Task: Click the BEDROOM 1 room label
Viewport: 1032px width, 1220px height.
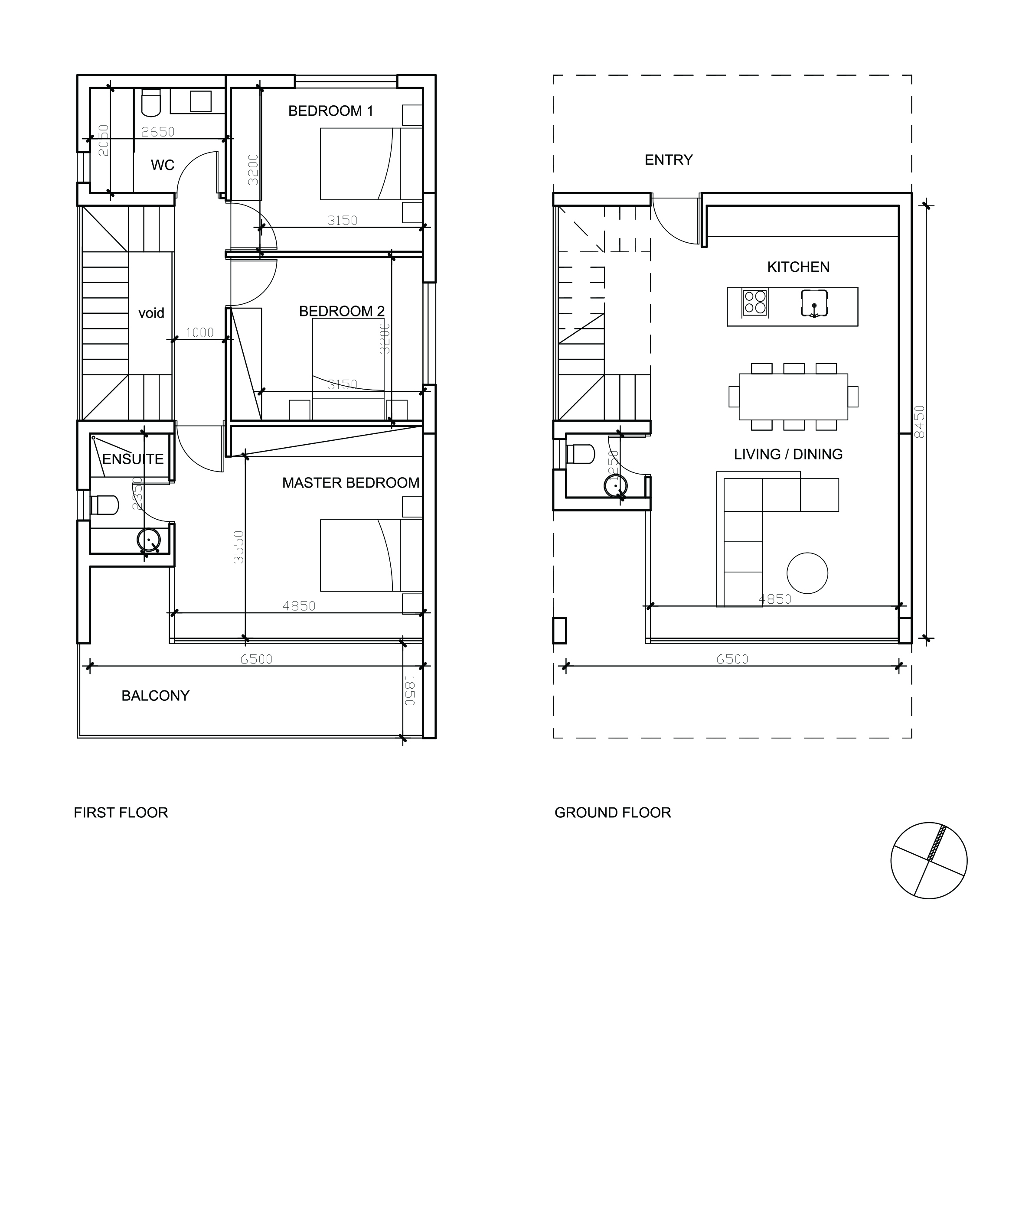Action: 330,111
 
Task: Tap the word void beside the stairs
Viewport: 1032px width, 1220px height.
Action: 151,313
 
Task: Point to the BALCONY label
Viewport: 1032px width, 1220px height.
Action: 155,696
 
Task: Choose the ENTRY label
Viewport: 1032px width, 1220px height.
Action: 668,160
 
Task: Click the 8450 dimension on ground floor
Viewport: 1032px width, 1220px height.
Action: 919,422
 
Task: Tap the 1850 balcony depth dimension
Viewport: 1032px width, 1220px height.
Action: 409,690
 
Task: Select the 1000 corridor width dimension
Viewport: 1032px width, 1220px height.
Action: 199,332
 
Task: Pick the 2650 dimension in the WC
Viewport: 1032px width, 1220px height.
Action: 158,132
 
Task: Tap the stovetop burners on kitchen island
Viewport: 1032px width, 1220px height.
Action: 754,303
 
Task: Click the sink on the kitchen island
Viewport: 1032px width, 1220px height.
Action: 814,303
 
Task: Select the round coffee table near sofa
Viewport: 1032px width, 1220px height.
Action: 807,573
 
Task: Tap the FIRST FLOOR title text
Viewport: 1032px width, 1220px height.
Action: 121,813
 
